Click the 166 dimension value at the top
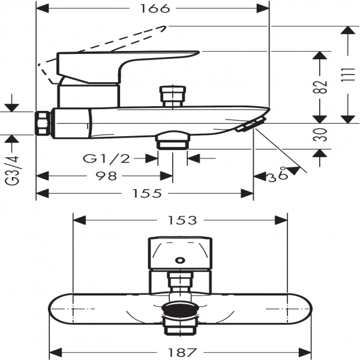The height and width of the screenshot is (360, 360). point(155,9)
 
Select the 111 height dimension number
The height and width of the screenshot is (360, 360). point(347,75)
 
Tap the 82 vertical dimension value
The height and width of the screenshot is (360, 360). point(320,87)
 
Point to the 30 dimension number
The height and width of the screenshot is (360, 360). point(320,135)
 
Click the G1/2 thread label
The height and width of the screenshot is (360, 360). point(107,158)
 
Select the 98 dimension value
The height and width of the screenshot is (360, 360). point(106,176)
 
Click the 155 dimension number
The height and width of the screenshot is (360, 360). point(147,194)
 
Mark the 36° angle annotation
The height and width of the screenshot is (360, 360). point(278,175)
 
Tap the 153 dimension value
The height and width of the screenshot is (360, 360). point(182,220)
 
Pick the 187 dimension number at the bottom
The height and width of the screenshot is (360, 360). point(182,352)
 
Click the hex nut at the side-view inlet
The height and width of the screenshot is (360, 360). point(43,123)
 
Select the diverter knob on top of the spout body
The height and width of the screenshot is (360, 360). point(173,97)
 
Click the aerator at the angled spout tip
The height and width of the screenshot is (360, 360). point(251,124)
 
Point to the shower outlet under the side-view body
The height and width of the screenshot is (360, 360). point(173,140)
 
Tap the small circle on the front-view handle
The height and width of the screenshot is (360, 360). point(180,260)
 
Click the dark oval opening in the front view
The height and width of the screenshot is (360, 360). point(180,309)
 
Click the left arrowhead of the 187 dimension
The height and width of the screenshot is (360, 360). point(56,352)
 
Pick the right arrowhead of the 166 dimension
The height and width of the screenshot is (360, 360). point(263,9)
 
